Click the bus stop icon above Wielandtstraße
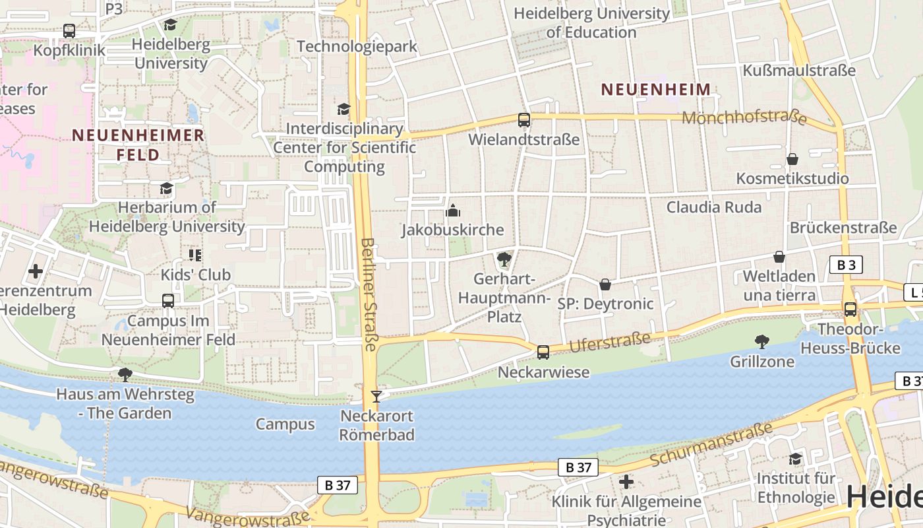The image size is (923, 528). (x=524, y=120)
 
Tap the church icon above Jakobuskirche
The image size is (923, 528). (x=453, y=211)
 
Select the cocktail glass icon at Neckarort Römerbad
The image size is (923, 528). (x=376, y=396)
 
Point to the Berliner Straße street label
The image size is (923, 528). (x=369, y=294)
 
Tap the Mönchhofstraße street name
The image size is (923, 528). (x=744, y=117)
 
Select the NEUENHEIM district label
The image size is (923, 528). (x=656, y=90)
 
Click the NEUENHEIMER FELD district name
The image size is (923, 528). (x=138, y=145)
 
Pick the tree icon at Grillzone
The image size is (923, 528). (x=762, y=341)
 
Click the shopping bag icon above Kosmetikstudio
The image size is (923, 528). (x=792, y=159)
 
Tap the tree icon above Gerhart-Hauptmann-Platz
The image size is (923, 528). (x=504, y=259)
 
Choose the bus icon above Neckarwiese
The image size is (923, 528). (x=543, y=352)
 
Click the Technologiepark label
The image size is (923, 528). (x=357, y=46)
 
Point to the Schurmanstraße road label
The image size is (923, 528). (x=711, y=444)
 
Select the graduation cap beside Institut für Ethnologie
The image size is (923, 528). (x=796, y=459)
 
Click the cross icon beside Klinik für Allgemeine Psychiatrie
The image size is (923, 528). (x=626, y=482)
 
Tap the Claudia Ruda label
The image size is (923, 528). (x=714, y=207)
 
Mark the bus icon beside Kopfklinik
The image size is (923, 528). (x=69, y=30)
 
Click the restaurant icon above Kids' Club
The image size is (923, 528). (x=195, y=255)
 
